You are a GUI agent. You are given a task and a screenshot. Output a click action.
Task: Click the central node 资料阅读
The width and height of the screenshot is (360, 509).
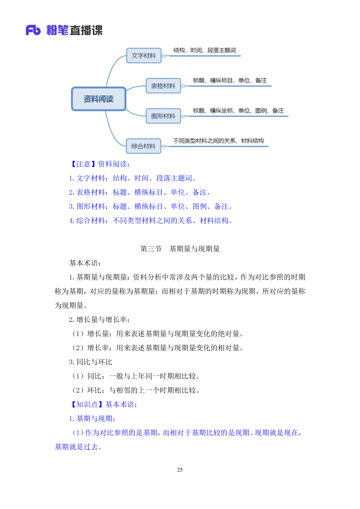pyautogui.click(x=99, y=99)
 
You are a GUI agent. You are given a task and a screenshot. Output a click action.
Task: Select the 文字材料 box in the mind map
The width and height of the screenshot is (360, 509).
pyautogui.click(x=144, y=56)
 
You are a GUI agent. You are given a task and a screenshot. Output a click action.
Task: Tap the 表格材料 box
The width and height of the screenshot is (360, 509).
pyautogui.click(x=163, y=86)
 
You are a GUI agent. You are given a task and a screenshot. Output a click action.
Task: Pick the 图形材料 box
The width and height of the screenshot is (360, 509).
pyautogui.click(x=163, y=116)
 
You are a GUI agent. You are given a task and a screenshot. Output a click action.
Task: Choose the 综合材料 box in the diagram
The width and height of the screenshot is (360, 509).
pyautogui.click(x=143, y=146)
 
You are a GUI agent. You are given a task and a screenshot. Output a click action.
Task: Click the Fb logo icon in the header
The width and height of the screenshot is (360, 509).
pyautogui.click(x=33, y=30)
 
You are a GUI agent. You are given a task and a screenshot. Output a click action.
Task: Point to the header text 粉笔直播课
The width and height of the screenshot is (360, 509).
pyautogui.click(x=75, y=30)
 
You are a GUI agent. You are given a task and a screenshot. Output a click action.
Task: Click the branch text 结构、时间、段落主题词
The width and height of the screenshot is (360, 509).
pyautogui.click(x=204, y=50)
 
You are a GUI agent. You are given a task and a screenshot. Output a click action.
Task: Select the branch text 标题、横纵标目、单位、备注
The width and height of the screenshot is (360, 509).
pyautogui.click(x=230, y=81)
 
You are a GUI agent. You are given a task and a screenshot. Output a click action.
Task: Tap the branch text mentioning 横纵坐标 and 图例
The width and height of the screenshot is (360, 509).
pyautogui.click(x=238, y=111)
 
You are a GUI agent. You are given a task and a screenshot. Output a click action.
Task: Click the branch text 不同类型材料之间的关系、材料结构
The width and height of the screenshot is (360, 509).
pyautogui.click(x=218, y=141)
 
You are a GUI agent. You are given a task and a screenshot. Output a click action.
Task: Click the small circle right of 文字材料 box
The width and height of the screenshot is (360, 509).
pyautogui.click(x=164, y=56)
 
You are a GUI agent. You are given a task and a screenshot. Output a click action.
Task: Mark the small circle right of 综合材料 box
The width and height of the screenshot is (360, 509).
pyautogui.click(x=163, y=147)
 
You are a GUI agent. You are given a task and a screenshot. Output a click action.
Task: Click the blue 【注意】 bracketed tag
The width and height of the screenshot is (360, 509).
pyautogui.click(x=83, y=165)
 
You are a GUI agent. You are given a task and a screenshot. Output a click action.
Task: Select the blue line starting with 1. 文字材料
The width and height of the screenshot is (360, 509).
pyautogui.click(x=132, y=178)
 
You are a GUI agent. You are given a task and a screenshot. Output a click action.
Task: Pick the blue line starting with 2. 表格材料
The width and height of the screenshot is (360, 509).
pyautogui.click(x=140, y=192)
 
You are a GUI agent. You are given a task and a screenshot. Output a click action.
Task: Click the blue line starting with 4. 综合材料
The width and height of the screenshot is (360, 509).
pyautogui.click(x=151, y=220)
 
